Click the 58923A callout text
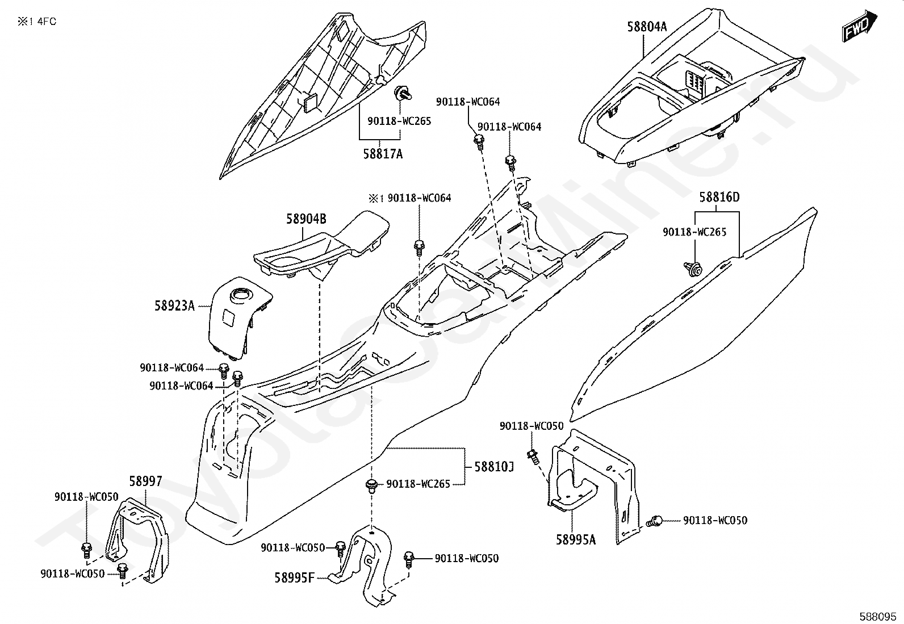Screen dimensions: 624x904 click(x=174, y=306)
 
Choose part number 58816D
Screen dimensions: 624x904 click(x=719, y=198)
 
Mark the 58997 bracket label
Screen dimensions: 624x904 click(x=145, y=482)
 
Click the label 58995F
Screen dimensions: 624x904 click(x=294, y=578)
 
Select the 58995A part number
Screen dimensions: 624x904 click(x=576, y=540)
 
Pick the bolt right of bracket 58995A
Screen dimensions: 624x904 click(x=656, y=520)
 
